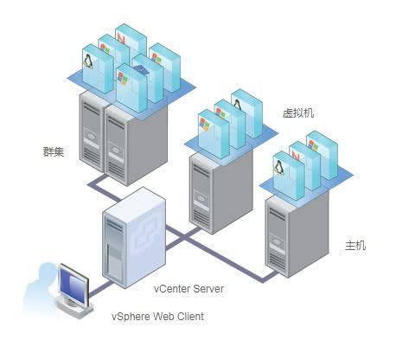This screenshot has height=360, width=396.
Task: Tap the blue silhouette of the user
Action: point(35,294)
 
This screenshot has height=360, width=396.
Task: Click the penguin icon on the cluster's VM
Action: point(89,62)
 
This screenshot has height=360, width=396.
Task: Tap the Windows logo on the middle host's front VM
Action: point(206,121)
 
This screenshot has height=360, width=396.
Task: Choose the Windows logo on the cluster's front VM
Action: point(123,77)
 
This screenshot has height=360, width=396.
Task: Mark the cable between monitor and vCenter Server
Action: point(95,289)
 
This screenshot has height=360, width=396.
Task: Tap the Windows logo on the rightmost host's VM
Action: point(313,145)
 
